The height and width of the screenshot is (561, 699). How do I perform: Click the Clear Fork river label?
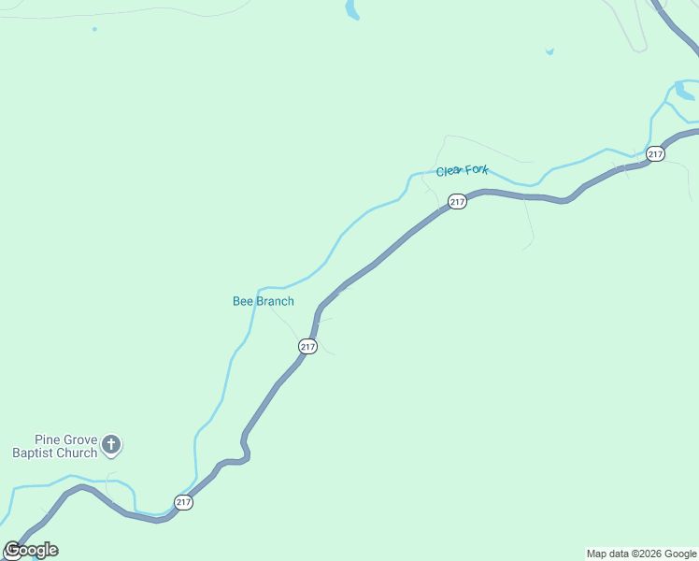coord(462,171)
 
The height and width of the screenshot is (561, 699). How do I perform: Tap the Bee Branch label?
coord(263,301)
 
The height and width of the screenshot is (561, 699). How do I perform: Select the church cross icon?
coord(111,444)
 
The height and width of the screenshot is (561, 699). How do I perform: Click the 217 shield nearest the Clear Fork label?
coord(457,202)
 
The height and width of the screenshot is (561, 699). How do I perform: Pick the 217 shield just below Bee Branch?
coord(308,347)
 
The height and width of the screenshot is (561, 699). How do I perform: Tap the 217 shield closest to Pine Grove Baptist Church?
coord(183,502)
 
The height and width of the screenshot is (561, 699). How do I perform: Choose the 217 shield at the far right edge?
coord(655,154)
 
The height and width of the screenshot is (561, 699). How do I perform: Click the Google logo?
coord(31,550)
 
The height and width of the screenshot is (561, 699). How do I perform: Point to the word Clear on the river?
coord(449,172)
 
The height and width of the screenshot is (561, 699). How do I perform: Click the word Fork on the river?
coord(477,170)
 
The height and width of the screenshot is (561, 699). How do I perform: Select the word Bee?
coord(242,301)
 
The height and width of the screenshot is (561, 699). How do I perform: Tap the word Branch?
coord(274,301)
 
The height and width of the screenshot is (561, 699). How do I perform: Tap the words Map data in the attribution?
coord(607,554)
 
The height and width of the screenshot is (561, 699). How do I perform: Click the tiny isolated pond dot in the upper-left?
coord(94,29)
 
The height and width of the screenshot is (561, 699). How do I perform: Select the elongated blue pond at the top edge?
coord(351,10)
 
